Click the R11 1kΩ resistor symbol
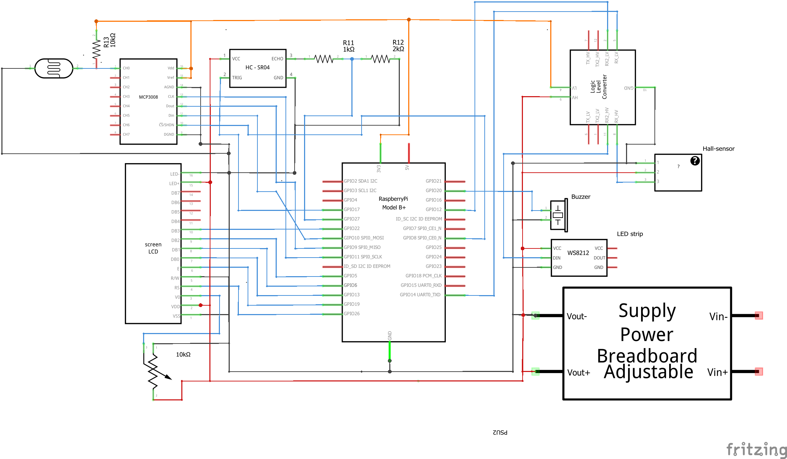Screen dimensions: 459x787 click(323, 59)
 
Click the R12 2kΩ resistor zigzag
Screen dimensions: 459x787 click(380, 59)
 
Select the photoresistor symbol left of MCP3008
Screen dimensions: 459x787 click(54, 68)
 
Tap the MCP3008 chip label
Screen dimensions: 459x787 click(148, 97)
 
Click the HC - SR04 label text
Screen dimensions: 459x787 click(257, 67)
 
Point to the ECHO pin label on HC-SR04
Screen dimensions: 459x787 click(277, 59)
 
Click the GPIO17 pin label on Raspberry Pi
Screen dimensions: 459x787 click(351, 209)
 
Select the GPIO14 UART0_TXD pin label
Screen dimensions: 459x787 click(420, 295)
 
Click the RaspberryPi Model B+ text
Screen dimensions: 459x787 click(393, 203)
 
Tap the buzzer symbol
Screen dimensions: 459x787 click(558, 215)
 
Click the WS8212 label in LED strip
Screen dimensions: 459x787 click(578, 253)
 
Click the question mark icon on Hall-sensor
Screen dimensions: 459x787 click(695, 161)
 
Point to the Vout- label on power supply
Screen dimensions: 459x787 click(577, 317)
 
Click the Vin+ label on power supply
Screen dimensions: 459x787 click(717, 372)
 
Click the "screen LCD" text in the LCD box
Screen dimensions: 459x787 click(153, 248)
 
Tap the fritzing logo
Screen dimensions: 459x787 click(756, 450)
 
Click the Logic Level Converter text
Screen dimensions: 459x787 click(598, 87)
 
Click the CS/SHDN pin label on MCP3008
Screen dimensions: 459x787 click(167, 125)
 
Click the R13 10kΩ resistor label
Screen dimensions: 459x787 click(109, 40)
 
